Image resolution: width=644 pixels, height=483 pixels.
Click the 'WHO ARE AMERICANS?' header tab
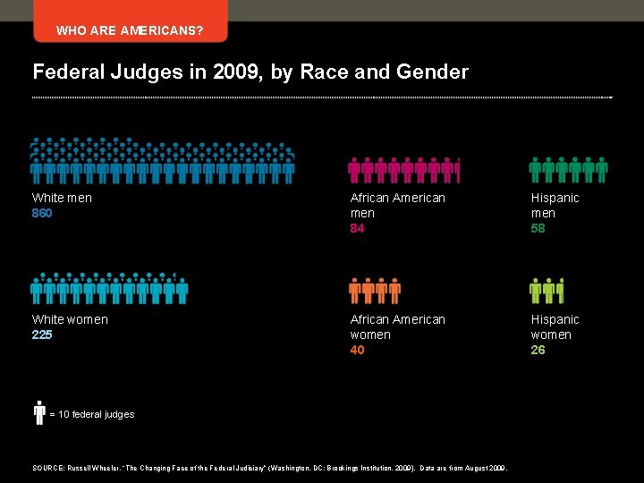point(130,30)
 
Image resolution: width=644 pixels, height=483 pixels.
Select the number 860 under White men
point(42,213)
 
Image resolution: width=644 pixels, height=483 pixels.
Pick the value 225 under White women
point(42,335)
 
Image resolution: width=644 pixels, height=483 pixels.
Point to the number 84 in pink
point(358,228)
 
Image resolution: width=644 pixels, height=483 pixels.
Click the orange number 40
point(358,350)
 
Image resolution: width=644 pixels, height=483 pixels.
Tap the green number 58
point(538,228)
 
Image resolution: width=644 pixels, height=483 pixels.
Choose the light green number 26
point(538,350)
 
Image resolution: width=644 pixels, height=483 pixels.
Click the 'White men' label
point(62,198)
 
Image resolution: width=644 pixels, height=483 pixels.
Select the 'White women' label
point(70,319)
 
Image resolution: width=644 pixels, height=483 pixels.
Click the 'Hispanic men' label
point(555,205)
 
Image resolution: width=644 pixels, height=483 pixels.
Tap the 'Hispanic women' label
point(555,326)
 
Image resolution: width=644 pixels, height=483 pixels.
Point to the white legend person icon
point(39,412)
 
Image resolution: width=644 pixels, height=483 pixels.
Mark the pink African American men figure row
point(403,169)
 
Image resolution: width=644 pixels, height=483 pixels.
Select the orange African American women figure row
point(375,291)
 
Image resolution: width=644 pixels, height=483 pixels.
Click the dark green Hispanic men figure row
point(569,169)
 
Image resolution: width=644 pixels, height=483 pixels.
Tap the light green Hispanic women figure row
point(547,291)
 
